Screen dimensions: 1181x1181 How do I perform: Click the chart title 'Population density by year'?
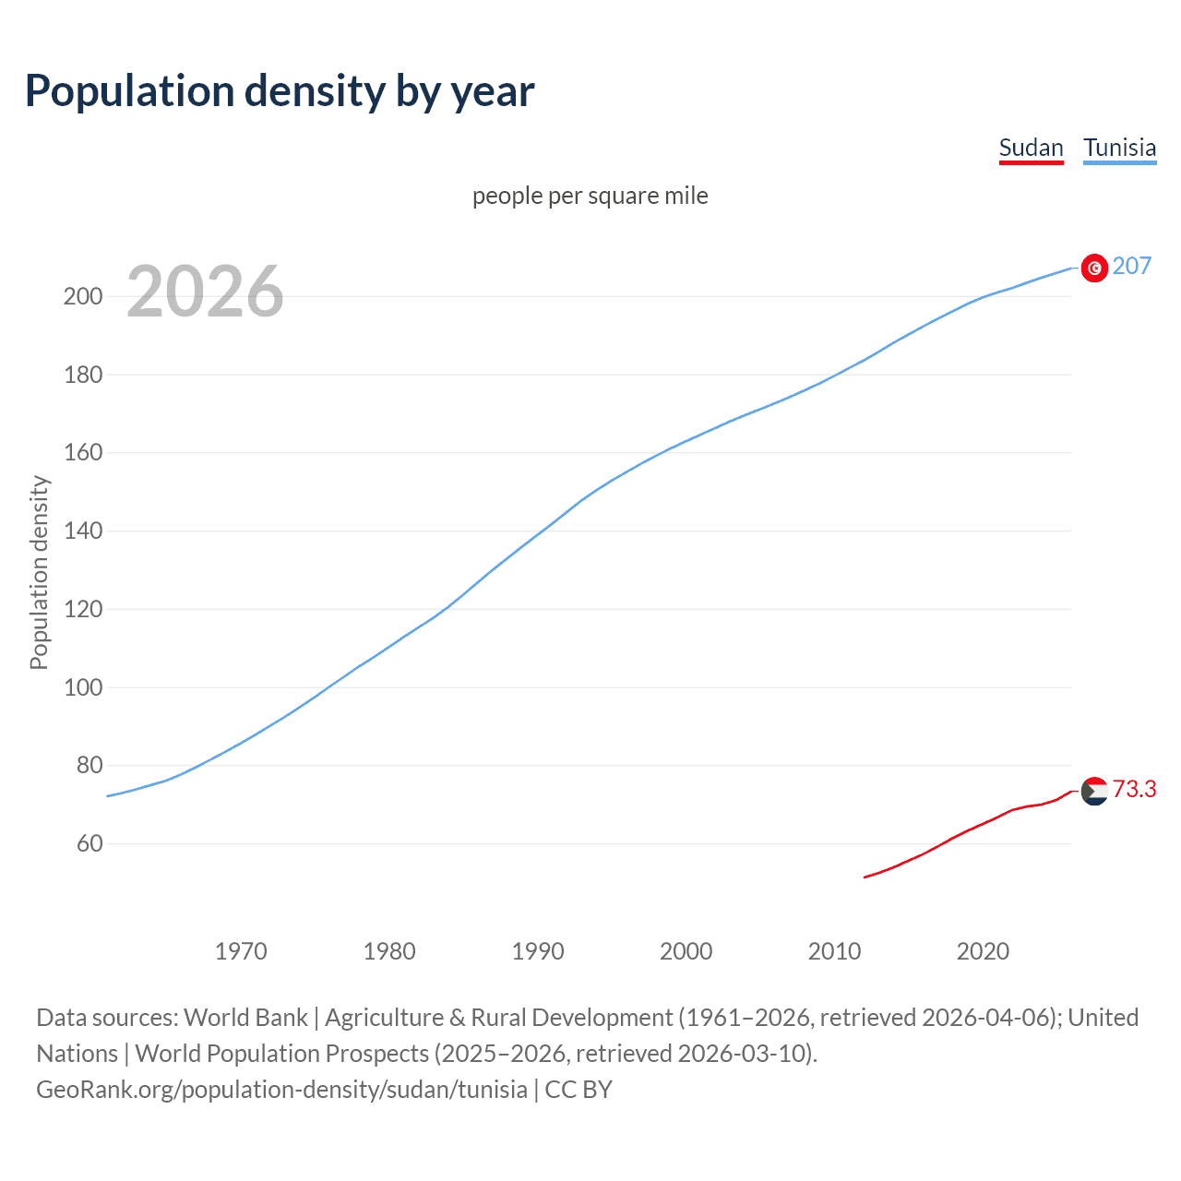tap(280, 91)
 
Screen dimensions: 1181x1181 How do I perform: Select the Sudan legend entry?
tap(1031, 148)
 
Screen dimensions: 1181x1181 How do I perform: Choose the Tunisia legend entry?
tap(1119, 148)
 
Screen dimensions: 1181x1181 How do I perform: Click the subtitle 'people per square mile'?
tap(590, 196)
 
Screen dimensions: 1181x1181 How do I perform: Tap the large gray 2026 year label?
tap(205, 292)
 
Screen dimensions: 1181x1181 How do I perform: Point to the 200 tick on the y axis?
tap(82, 297)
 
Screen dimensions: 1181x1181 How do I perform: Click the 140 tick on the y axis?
tap(82, 531)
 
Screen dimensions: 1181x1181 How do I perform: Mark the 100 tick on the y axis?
tap(82, 687)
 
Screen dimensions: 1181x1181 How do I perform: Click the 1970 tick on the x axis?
tap(241, 951)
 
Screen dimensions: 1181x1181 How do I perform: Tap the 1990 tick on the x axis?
tap(538, 951)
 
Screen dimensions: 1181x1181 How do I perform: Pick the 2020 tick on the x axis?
tap(983, 951)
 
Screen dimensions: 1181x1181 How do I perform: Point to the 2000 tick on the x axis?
tap(686, 951)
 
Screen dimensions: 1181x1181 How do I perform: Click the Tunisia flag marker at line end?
tap(1094, 268)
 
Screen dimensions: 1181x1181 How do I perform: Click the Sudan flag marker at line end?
tap(1094, 791)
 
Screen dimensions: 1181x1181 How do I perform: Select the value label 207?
tap(1131, 267)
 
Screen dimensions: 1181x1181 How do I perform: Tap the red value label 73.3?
tap(1134, 790)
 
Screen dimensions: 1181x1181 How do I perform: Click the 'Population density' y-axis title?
tap(39, 572)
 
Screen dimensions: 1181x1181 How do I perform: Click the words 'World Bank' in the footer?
tap(245, 1018)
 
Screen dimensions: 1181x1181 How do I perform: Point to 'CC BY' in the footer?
tap(579, 1090)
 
